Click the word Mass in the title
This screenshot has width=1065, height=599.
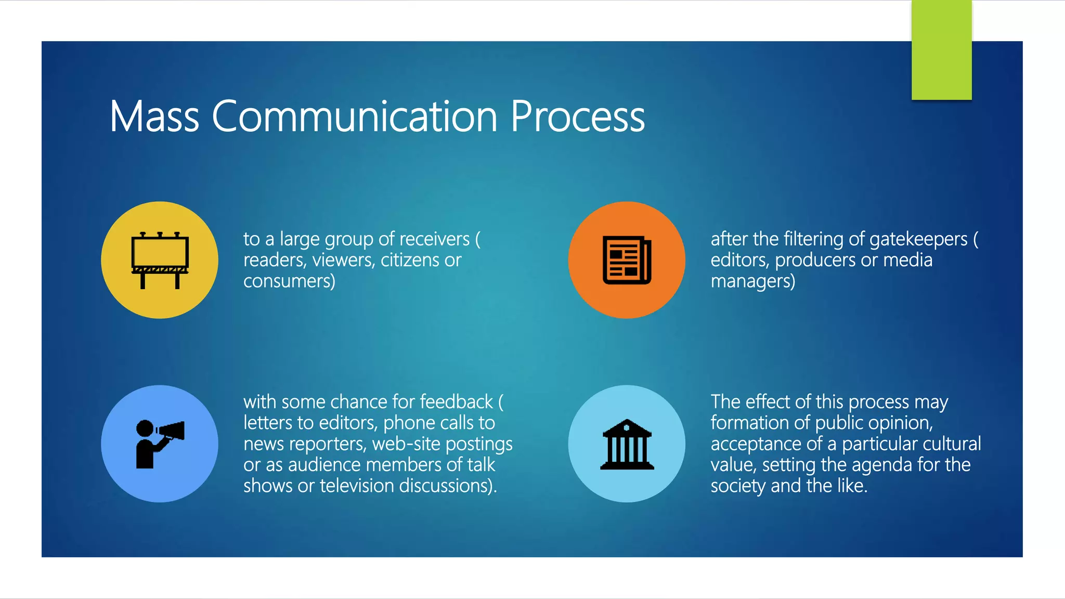click(x=154, y=116)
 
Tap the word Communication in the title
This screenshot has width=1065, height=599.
click(x=355, y=116)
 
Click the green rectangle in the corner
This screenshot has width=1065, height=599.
click(x=941, y=50)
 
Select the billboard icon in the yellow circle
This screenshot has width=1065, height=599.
click(x=160, y=259)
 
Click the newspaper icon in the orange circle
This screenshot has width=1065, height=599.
click(x=627, y=260)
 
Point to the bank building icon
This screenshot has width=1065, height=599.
click(x=627, y=445)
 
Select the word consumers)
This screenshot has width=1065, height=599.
click(x=289, y=281)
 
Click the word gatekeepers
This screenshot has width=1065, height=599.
click(x=918, y=239)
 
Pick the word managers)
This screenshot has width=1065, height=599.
click(x=752, y=281)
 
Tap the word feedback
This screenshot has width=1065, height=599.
click(x=456, y=402)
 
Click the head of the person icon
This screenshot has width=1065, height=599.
click(x=145, y=428)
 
